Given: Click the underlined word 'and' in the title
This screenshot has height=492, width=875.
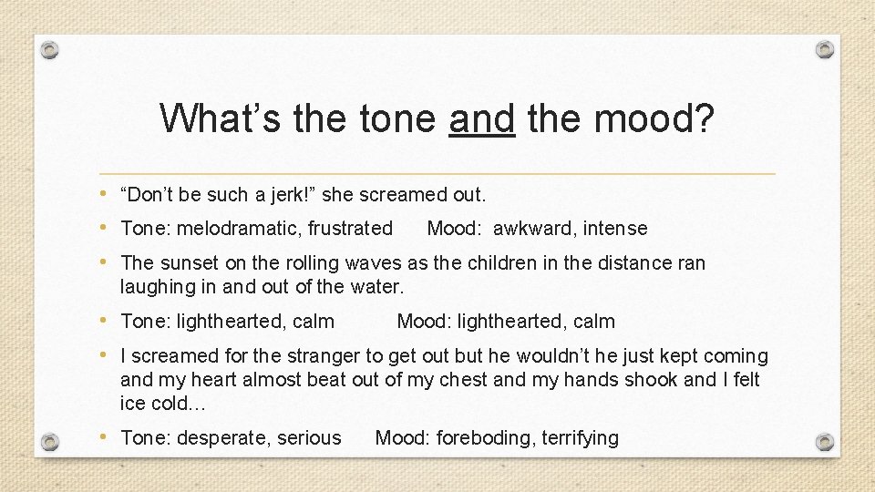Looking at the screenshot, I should tap(481, 118).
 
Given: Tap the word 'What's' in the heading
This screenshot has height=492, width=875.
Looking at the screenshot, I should tap(219, 118).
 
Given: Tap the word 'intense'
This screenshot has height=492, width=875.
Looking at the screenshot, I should tap(615, 229).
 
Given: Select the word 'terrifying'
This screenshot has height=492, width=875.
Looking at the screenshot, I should tap(580, 438).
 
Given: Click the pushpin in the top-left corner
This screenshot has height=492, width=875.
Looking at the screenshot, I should tap(50, 49).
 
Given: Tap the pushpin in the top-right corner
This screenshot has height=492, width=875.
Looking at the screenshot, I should tap(824, 49).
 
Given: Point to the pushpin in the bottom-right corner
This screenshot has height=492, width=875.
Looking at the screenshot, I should tap(824, 442).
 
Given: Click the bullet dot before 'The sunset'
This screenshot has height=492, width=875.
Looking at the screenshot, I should tap(109, 262).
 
